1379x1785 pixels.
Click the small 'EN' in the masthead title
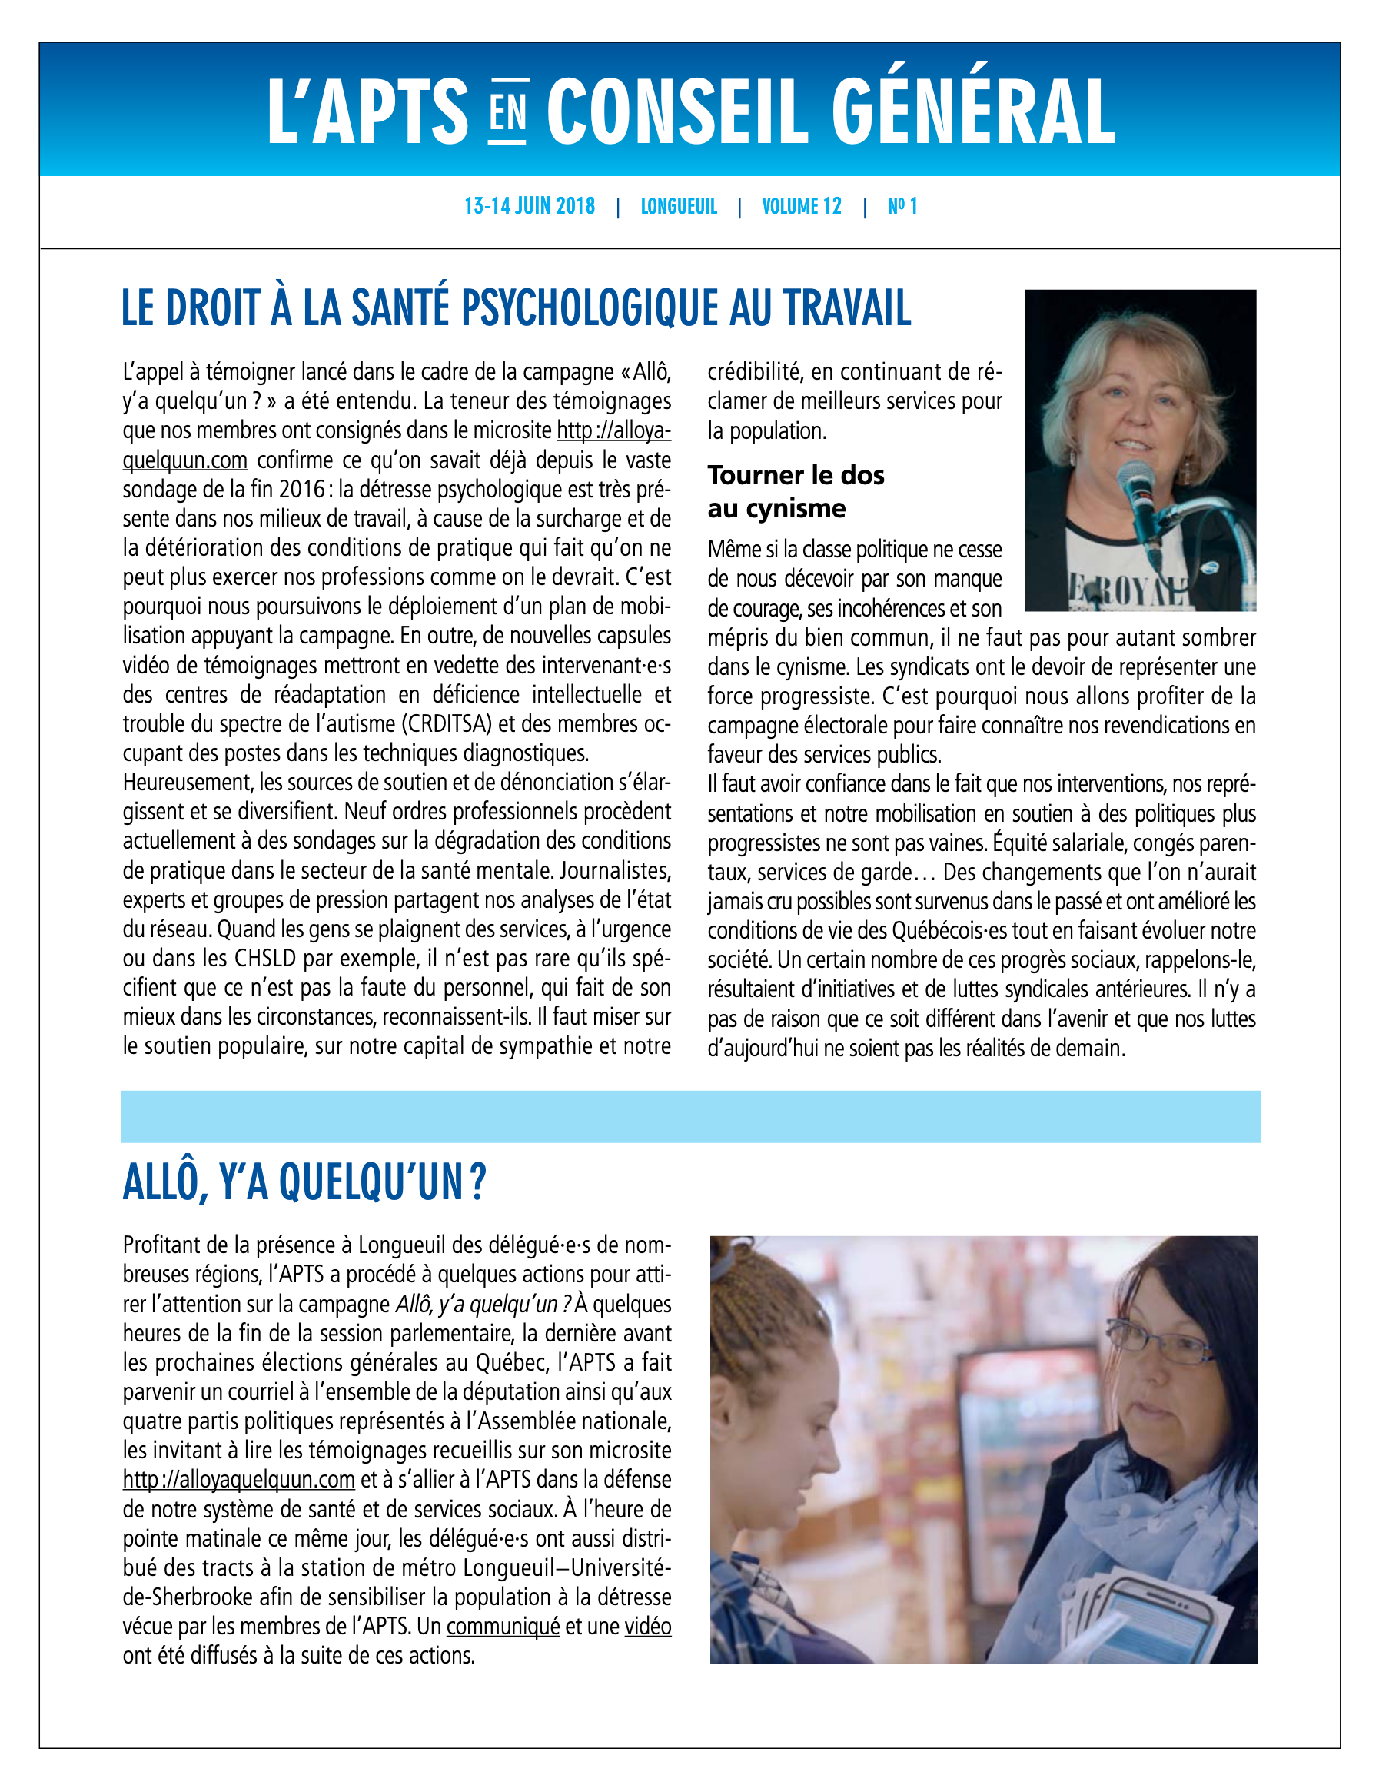(507, 113)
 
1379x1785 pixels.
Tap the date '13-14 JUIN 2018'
(529, 206)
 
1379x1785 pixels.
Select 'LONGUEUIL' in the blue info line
(679, 206)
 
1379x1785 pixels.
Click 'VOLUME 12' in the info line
(801, 206)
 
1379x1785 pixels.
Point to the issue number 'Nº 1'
(902, 206)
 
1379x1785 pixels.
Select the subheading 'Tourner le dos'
(796, 475)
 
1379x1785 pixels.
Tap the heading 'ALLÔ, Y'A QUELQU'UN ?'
(304, 1182)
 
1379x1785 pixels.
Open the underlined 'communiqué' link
(503, 1626)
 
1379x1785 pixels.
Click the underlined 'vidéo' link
(647, 1626)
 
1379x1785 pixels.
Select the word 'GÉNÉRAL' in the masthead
(972, 113)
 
